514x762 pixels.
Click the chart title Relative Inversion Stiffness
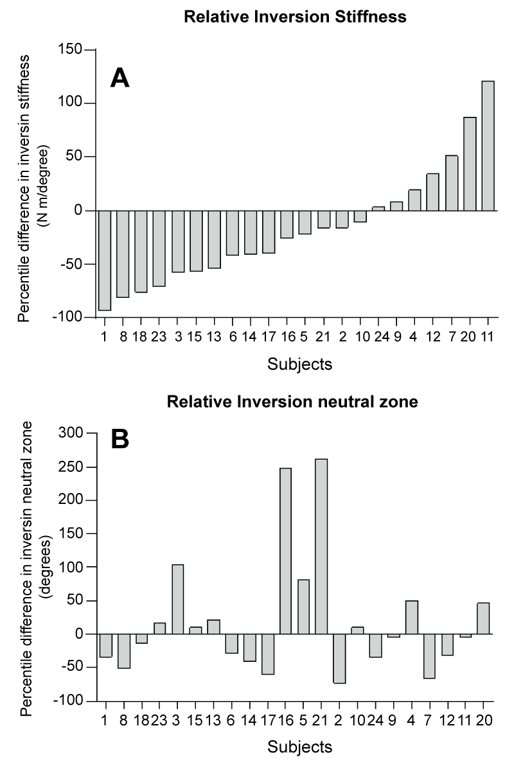pyautogui.click(x=295, y=17)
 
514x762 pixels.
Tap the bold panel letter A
pyautogui.click(x=120, y=78)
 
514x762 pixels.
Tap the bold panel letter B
pyautogui.click(x=120, y=439)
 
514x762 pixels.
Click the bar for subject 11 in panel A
pyautogui.click(x=488, y=146)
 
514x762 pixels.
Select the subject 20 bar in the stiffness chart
pyautogui.click(x=470, y=164)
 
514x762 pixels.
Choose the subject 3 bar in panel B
pyautogui.click(x=177, y=599)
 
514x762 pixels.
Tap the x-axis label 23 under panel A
pyautogui.click(x=159, y=336)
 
